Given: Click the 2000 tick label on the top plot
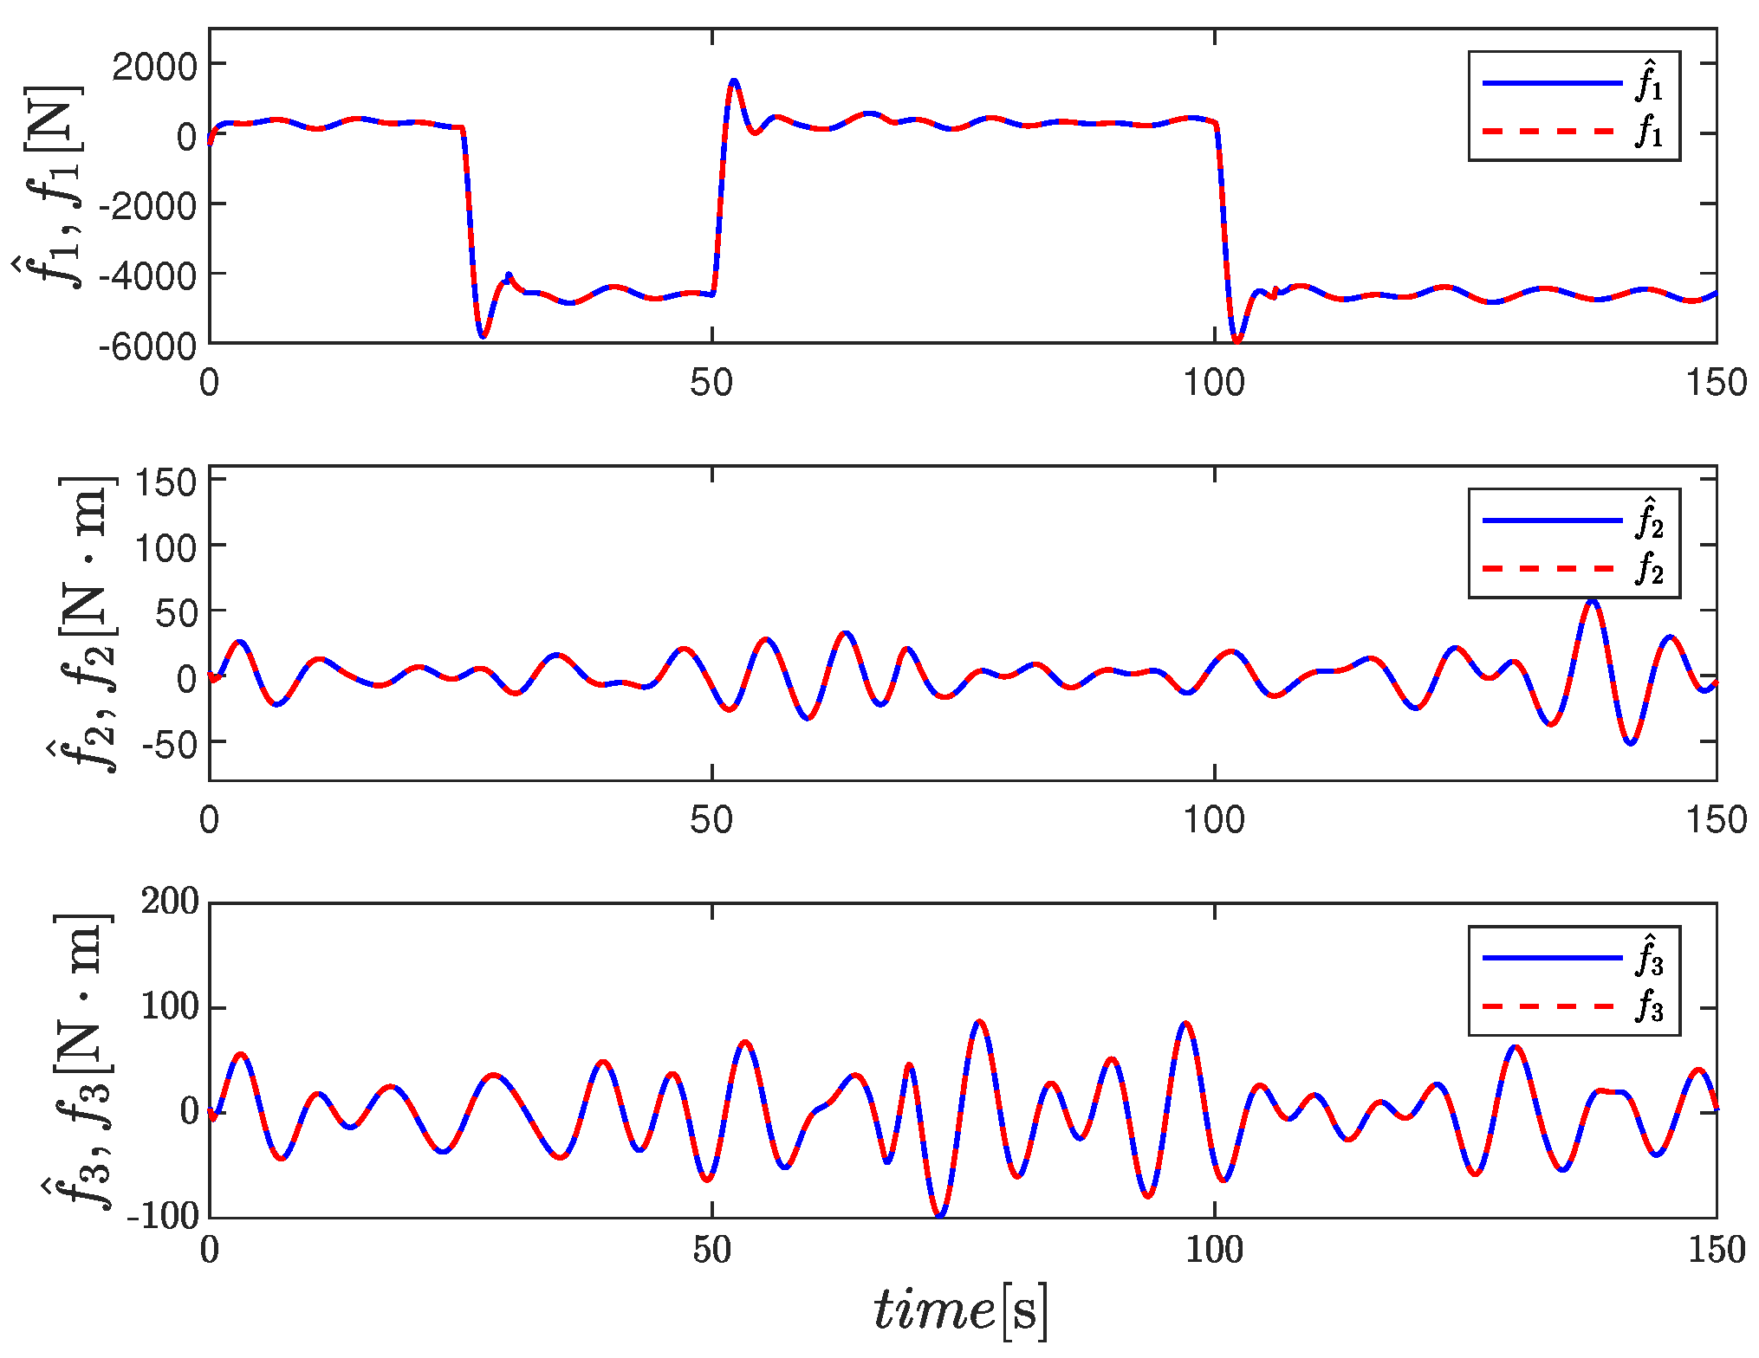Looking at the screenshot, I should coord(154,66).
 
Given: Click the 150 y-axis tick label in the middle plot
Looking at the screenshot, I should coord(166,482).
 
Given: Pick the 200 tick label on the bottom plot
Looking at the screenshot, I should coord(170,902).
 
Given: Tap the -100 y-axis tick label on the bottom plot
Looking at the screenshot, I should coord(163,1216).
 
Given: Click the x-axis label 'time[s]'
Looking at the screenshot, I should coord(960,1309).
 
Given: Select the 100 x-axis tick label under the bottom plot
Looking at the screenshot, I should coord(1214,1250).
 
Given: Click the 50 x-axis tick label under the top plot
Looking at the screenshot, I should coord(711,382).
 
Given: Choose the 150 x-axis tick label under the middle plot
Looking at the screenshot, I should coord(1716,819).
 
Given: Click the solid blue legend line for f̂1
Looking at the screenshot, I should coord(1551,83).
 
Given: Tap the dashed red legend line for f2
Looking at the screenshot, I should coord(1551,569).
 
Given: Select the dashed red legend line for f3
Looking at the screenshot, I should coord(1551,1006).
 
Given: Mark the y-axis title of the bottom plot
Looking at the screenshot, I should coord(78,1061).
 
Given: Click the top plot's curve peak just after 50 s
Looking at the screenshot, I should coord(734,81).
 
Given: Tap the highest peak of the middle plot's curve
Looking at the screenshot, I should coord(1592,599).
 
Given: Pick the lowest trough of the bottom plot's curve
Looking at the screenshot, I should coord(939,1214).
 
